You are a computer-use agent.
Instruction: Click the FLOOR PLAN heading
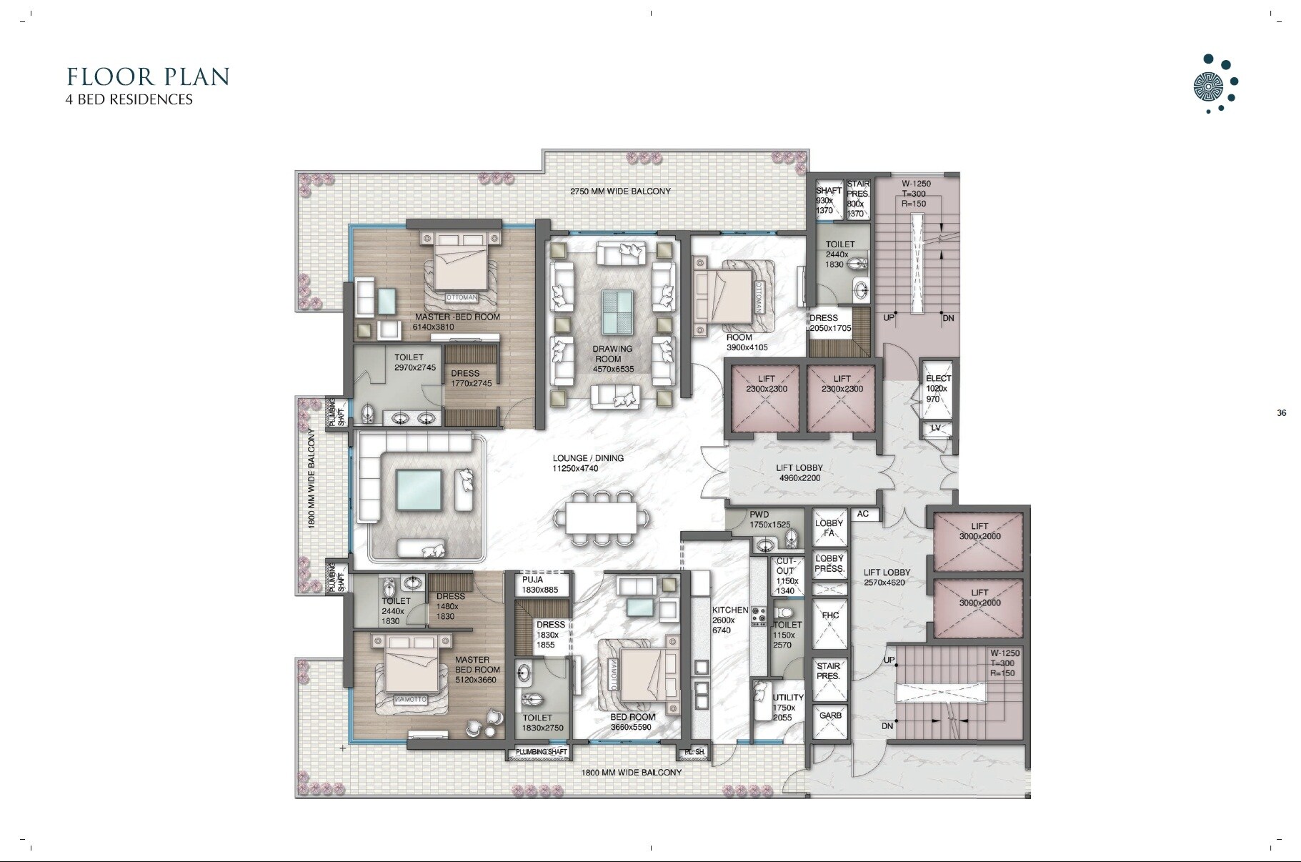pyautogui.click(x=148, y=76)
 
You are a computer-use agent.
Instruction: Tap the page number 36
pyautogui.click(x=1281, y=413)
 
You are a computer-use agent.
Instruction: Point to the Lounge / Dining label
pyautogui.click(x=587, y=463)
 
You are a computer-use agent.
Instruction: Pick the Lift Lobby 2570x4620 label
pyautogui.click(x=887, y=577)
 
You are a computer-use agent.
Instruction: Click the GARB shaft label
pyautogui.click(x=830, y=715)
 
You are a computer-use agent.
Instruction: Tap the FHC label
pyautogui.click(x=830, y=615)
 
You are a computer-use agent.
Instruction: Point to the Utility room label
pyautogui.click(x=787, y=707)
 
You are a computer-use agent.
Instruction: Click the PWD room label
pyautogui.click(x=759, y=520)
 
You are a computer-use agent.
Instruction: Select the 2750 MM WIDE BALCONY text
pyautogui.click(x=620, y=191)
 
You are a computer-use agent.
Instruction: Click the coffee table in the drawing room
pyautogui.click(x=616, y=312)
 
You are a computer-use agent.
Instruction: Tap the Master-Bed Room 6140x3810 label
pyautogui.click(x=457, y=322)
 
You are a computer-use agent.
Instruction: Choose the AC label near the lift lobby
pyautogui.click(x=862, y=514)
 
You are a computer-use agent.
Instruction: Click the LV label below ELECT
pyautogui.click(x=936, y=428)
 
